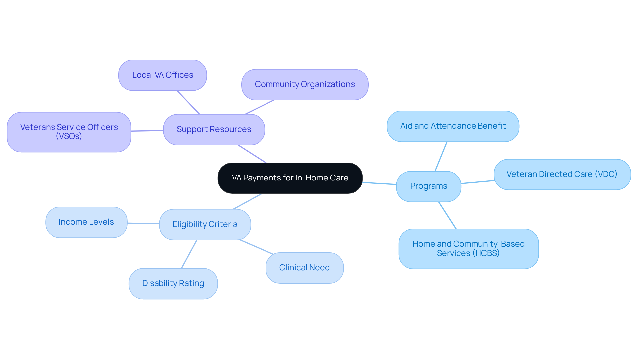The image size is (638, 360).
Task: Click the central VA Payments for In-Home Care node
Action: [x=290, y=178]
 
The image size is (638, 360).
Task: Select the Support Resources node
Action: [x=214, y=129]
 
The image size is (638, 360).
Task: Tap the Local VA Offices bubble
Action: [x=162, y=75]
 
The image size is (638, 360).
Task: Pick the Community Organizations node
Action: [x=304, y=84]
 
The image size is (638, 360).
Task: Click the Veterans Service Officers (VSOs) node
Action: [x=69, y=132]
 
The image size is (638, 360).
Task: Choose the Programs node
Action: [x=428, y=186]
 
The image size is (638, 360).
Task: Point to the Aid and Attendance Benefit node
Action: [x=453, y=126]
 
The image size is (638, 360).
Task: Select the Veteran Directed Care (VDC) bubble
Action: [x=562, y=174]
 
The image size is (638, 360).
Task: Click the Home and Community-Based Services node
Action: [x=468, y=248]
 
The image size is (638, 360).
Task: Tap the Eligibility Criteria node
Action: [x=205, y=224]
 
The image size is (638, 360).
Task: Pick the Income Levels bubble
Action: [x=86, y=222]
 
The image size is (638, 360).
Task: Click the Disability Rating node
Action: [x=173, y=283]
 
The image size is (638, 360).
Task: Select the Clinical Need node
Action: [x=304, y=268]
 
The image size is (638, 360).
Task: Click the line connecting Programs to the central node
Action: [x=379, y=183]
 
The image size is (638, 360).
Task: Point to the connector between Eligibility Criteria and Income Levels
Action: [x=143, y=223]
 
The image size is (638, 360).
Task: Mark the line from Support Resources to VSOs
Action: [x=147, y=131]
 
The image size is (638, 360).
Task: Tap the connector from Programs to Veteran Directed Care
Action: [x=478, y=182]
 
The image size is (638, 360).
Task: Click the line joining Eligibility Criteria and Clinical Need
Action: [x=256, y=247]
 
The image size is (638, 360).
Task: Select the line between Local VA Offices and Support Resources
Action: [x=188, y=102]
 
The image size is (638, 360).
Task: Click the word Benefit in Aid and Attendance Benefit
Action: [x=492, y=126]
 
